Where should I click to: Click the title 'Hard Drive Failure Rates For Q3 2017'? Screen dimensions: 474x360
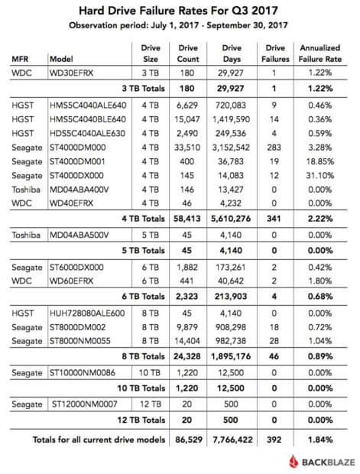[x=180, y=11]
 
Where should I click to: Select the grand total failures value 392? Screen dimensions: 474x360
[x=278, y=440]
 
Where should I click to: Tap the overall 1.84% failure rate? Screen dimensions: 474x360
[x=324, y=440]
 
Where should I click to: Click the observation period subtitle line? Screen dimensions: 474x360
[x=180, y=25]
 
